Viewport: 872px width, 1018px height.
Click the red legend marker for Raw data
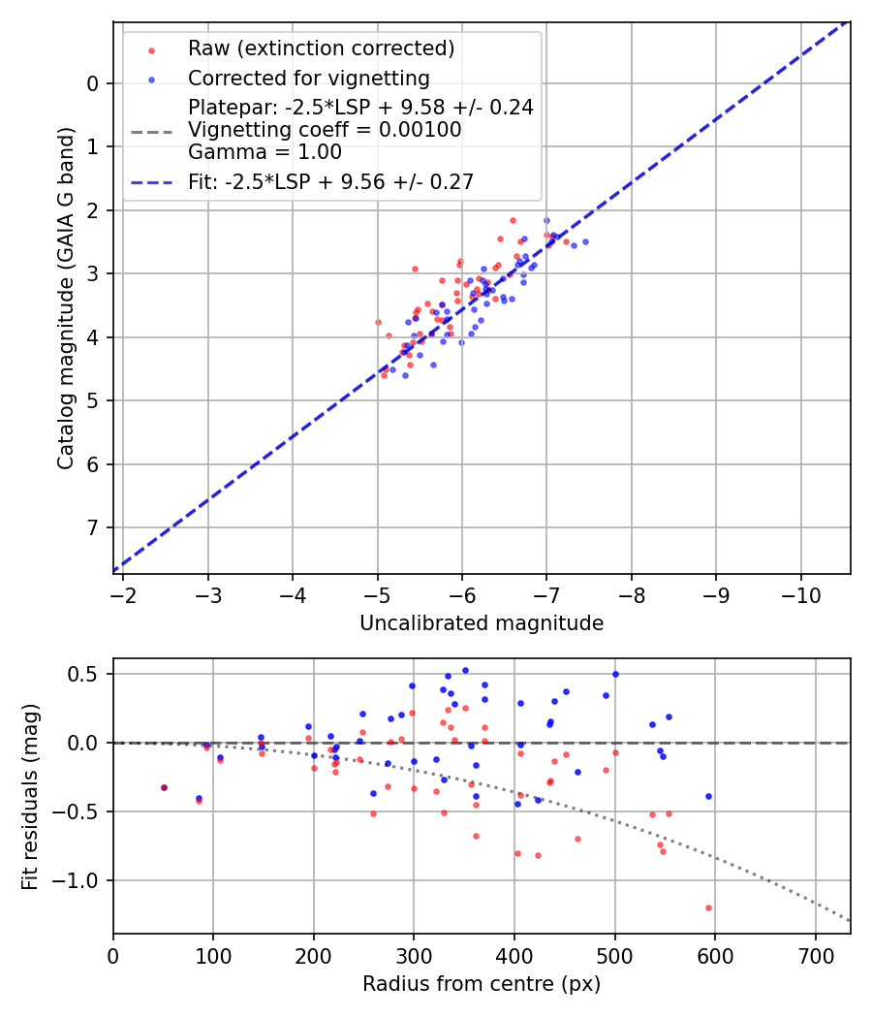151,48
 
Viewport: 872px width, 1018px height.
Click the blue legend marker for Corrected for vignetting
151,78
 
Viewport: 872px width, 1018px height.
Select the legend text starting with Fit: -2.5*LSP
330,181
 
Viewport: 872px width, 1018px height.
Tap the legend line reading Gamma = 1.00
265,152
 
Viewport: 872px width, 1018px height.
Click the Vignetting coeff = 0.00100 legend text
325,130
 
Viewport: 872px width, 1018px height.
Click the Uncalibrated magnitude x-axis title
482,623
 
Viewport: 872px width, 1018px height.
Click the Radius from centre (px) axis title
482,984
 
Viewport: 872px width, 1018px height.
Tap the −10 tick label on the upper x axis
800,594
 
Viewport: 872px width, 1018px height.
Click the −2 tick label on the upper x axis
123,594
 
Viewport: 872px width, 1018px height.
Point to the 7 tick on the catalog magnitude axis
93,527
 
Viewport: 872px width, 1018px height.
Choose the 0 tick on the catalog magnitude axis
93,83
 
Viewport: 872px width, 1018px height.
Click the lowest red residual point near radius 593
708,907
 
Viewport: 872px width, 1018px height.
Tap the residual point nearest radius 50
164,787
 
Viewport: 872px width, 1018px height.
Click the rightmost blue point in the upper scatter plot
585,241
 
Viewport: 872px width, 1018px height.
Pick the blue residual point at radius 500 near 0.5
615,674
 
